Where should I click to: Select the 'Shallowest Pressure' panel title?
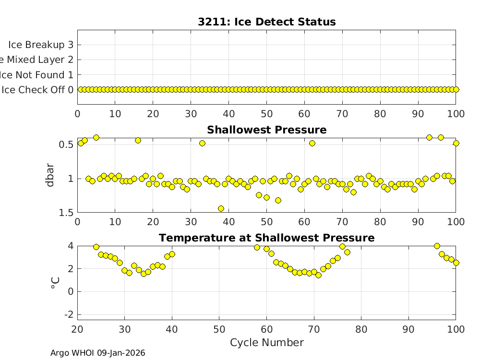pos(266,130)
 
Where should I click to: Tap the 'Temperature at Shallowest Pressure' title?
pos(266,238)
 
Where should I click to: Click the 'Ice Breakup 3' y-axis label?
pos(41,45)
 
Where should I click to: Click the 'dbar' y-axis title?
pos(50,175)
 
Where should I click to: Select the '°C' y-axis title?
pos(54,281)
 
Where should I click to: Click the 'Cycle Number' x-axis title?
pos(266,343)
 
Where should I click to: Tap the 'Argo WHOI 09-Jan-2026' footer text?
pos(97,353)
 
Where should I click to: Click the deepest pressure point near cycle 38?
pos(221,208)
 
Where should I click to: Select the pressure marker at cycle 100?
pos(456,143)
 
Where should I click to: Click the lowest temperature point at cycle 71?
pos(318,275)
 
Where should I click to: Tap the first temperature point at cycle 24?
pos(96,247)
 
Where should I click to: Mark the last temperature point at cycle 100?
pos(456,263)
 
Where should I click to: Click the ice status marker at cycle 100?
pos(456,89)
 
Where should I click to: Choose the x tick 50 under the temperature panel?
pos(219,329)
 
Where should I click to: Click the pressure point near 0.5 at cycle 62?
pos(312,143)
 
